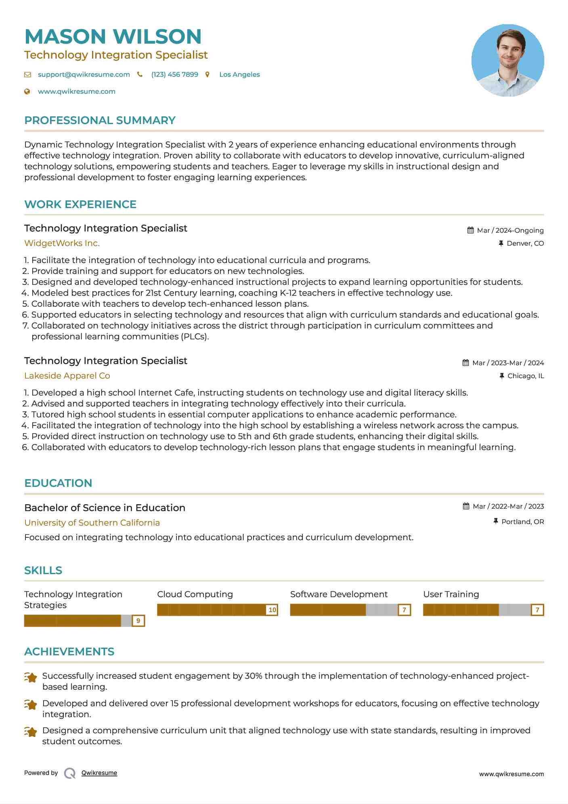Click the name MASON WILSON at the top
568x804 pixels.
pos(113,36)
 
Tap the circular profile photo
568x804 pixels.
pos(507,60)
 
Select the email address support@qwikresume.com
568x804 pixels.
pos(84,74)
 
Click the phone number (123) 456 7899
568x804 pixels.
pos(174,74)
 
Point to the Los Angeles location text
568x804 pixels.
pos(239,74)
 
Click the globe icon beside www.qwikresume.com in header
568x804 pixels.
pos(27,91)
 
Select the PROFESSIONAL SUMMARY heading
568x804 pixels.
pos(100,120)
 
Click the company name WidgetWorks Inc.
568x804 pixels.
pos(62,243)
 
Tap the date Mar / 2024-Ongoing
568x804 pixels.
pos(510,230)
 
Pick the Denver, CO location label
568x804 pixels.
pos(525,243)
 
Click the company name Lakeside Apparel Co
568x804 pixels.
pos(67,376)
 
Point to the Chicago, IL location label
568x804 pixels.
pos(525,376)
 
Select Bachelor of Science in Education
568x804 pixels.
pos(105,508)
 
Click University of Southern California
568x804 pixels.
pos(92,523)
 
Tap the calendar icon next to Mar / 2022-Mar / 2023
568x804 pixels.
pos(466,506)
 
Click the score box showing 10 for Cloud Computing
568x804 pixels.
pos(272,610)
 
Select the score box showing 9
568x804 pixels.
pos(138,621)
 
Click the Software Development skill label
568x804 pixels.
pos(339,594)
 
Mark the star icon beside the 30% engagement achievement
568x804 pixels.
pos(31,677)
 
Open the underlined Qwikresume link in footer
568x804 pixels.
pos(99,773)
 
